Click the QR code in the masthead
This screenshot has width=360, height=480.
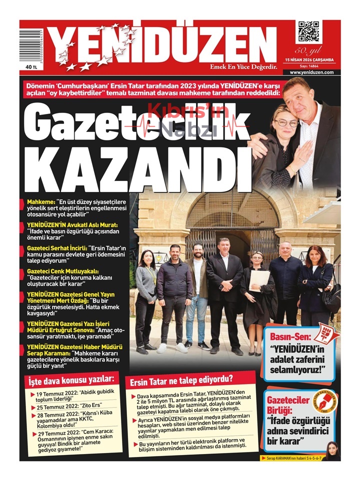click(x=308, y=31)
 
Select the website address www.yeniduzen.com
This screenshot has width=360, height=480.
click(x=311, y=72)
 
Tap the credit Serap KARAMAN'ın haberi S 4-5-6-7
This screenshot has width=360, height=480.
click(x=292, y=458)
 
